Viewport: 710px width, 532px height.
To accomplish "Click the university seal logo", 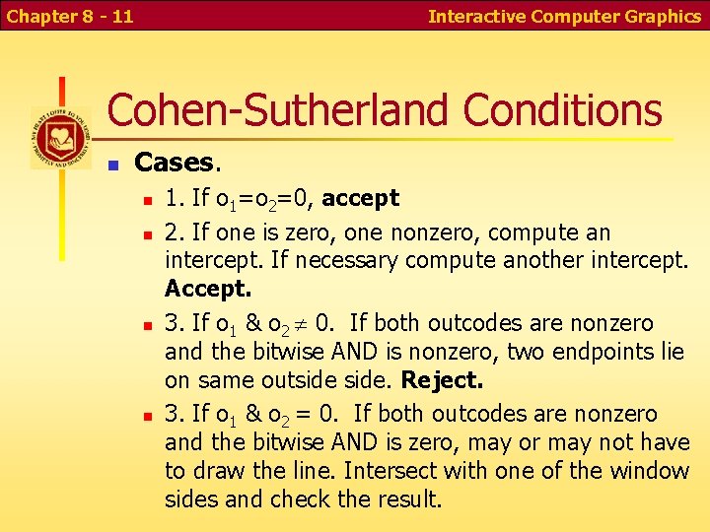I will coord(60,137).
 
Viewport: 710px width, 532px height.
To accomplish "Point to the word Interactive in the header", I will coord(477,16).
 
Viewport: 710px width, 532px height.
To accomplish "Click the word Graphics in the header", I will coord(663,16).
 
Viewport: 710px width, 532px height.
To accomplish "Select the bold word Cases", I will coord(174,162).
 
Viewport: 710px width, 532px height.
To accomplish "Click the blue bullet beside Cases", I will coord(113,164).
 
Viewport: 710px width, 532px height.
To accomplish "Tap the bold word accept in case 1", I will coord(360,198).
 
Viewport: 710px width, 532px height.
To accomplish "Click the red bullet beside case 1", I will coord(146,201).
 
